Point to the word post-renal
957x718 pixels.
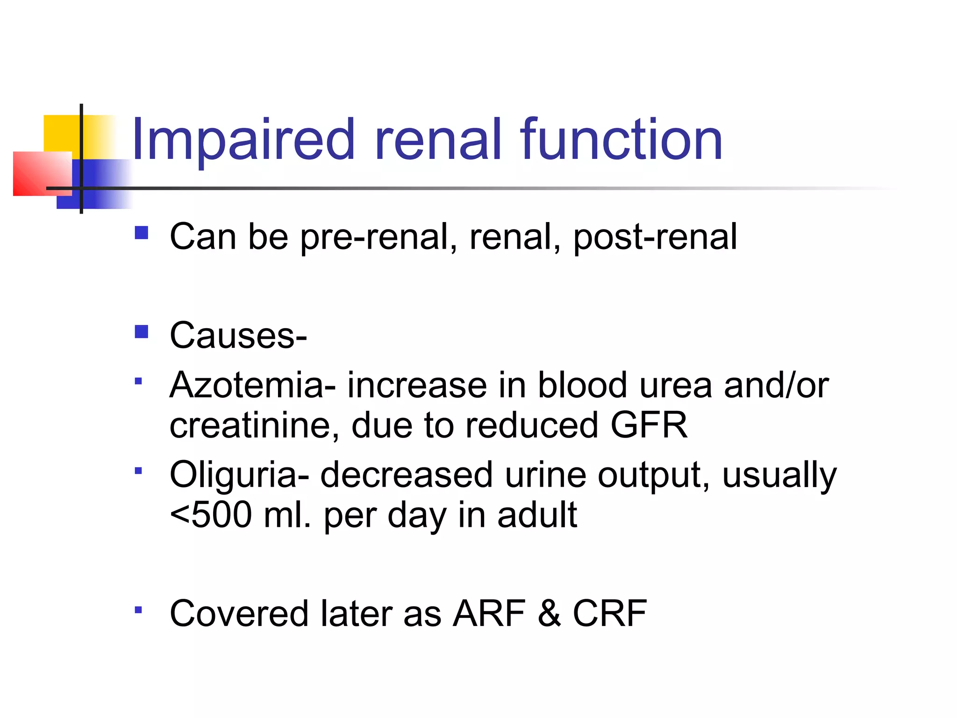click(655, 237)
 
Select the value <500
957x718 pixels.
click(210, 515)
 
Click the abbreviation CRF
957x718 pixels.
click(610, 613)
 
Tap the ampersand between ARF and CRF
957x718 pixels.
click(549, 613)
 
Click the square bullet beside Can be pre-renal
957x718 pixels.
click(141, 233)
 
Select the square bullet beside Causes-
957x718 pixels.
click(141, 331)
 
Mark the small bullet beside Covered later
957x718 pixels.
click(138, 610)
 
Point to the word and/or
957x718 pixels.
click(776, 385)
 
